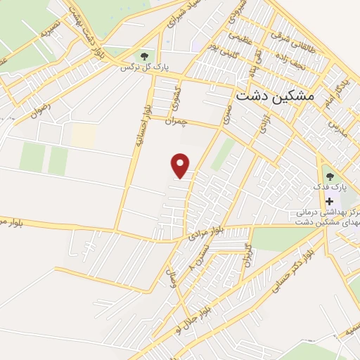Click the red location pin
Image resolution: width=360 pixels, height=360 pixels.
tap(181, 165)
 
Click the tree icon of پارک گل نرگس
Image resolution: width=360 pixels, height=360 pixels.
tap(144, 55)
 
